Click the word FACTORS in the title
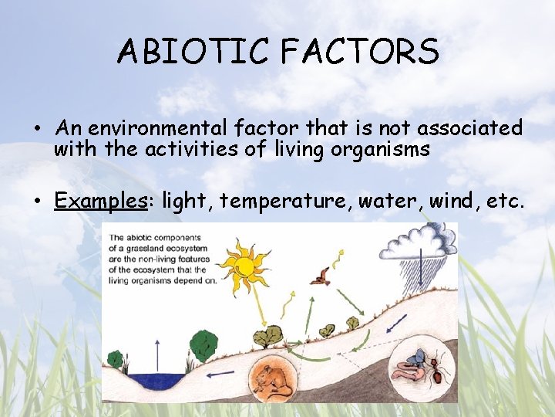[x=360, y=52]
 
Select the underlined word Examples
[x=100, y=201]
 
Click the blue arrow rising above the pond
[x=157, y=354]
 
